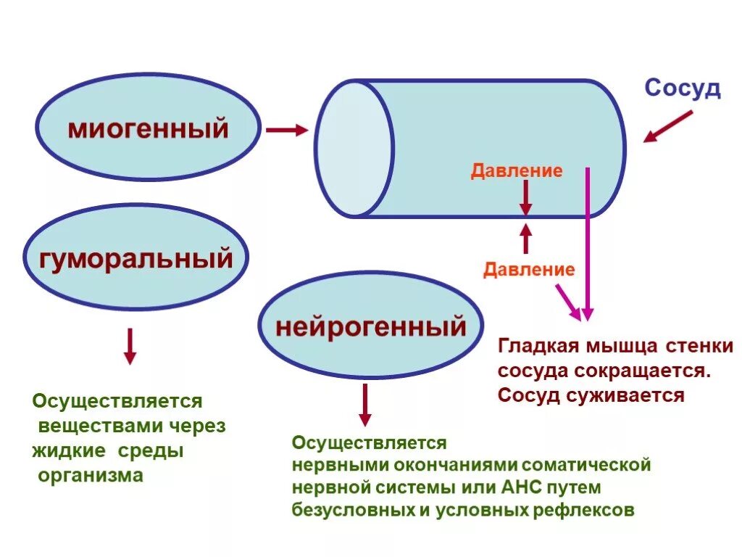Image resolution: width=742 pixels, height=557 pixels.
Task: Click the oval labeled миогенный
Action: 148,129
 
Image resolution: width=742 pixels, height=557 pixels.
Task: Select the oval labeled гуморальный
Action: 136,258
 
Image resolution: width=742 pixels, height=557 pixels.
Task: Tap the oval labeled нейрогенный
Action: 370,326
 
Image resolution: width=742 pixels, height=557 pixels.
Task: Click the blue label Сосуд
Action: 683,88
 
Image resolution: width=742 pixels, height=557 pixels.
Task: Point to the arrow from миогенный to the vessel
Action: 286,131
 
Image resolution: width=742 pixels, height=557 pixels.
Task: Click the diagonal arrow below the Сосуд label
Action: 668,126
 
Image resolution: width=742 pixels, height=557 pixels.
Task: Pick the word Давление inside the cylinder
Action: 517,171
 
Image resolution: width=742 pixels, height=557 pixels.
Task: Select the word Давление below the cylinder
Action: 529,270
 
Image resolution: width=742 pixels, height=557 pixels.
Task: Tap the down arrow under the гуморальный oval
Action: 130,345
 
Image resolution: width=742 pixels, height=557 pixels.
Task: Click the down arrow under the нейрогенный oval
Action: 365,404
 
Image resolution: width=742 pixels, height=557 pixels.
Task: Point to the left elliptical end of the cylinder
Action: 354,149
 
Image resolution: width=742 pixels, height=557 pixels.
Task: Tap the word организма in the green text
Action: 91,476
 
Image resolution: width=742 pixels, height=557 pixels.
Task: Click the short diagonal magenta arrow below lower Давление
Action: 567,301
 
